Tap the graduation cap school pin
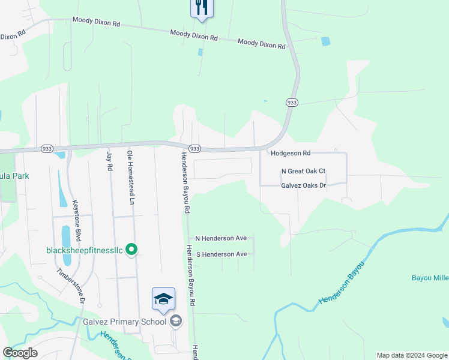pyautogui.click(x=163, y=299)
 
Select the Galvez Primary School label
pyautogui.click(x=125, y=322)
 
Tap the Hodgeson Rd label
pyautogui.click(x=290, y=154)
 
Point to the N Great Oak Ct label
pyautogui.click(x=303, y=171)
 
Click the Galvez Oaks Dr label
pyautogui.click(x=303, y=186)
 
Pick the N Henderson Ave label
pyautogui.click(x=221, y=238)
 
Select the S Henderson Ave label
pyautogui.click(x=222, y=254)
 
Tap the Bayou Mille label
pyautogui.click(x=430, y=278)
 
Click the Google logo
pyautogui.click(x=20, y=353)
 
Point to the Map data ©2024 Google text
pyautogui.click(x=411, y=355)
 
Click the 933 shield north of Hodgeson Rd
pyautogui.click(x=291, y=103)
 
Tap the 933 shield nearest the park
pyautogui.click(x=47, y=148)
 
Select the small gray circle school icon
pyautogui.click(x=175, y=322)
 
